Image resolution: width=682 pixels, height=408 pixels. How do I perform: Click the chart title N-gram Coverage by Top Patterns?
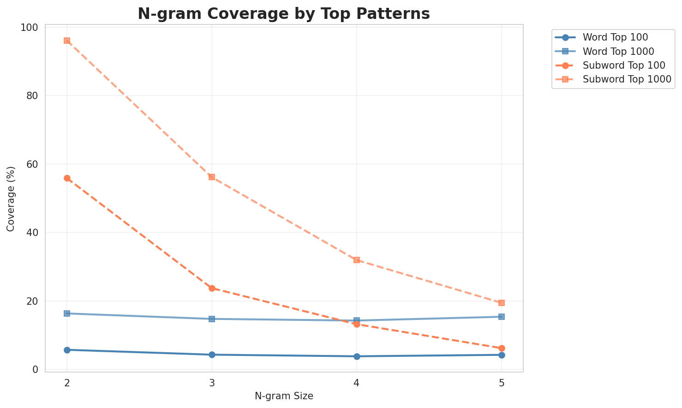click(284, 14)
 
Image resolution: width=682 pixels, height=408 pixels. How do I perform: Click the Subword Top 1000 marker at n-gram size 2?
click(67, 41)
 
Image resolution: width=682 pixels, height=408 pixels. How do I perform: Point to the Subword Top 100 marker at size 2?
click(67, 178)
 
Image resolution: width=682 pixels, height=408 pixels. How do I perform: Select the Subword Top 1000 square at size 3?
click(212, 177)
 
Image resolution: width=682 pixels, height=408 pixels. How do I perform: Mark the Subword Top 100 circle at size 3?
click(212, 288)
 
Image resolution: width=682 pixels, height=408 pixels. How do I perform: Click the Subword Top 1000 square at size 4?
click(357, 260)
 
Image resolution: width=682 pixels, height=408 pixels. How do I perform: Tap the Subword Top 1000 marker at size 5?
click(502, 303)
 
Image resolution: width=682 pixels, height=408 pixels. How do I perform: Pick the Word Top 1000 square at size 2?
click(67, 313)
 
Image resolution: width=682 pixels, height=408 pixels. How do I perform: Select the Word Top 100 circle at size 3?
click(212, 355)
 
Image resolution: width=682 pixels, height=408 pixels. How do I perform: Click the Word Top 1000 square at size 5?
click(502, 317)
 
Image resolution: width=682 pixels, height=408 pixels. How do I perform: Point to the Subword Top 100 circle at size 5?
click(502, 348)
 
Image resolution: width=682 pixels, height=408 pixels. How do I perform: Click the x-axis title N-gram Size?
click(284, 396)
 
